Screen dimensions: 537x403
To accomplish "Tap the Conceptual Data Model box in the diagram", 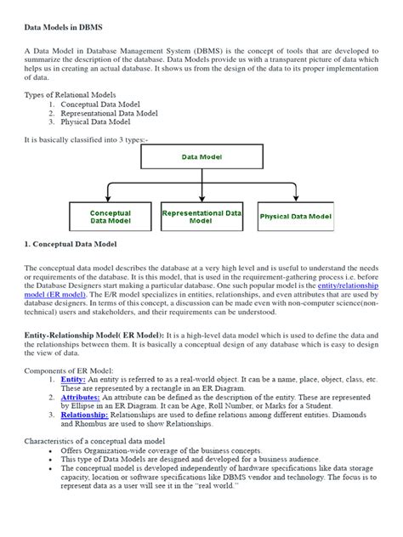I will [110, 216].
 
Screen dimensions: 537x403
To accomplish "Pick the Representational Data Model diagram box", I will [201, 216].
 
